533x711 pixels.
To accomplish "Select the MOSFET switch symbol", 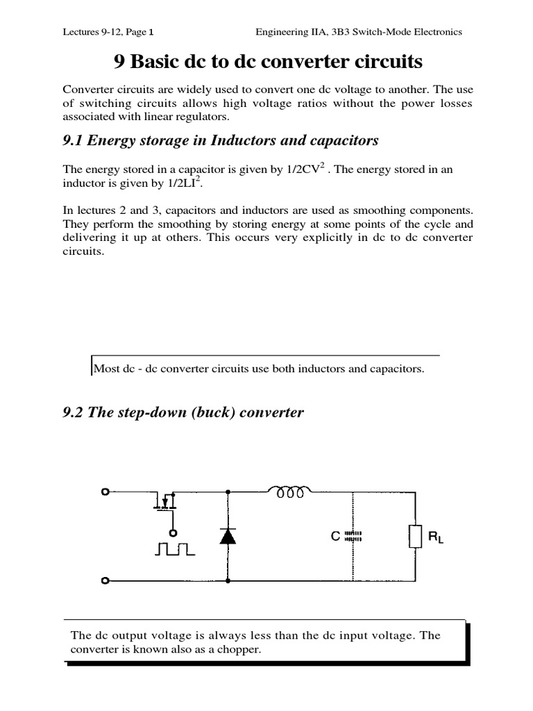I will (166, 500).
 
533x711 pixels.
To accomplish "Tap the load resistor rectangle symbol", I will (416, 536).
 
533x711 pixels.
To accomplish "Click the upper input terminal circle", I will (105, 492).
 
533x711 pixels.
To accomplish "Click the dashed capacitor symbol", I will (353, 537).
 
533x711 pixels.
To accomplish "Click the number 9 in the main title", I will (118, 62).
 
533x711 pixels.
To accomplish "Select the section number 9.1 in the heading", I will (74, 141).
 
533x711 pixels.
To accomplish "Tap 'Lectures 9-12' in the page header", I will (92, 31).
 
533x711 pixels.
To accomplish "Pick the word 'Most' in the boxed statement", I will (105, 369).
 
